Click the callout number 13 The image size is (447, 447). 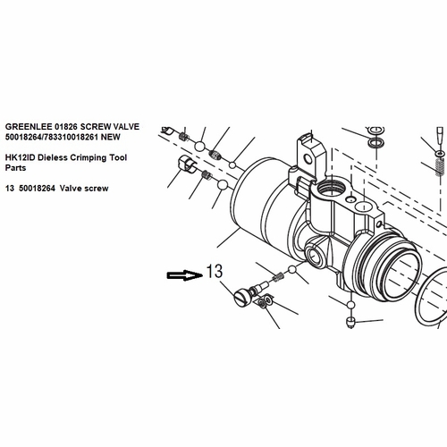point(215,271)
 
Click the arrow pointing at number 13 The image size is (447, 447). point(185,275)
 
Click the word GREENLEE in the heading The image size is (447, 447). point(29,127)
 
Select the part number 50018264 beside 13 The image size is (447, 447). point(37,189)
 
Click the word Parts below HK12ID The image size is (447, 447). point(15,168)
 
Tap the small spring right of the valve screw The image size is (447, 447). point(278,277)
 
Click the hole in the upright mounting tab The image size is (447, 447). point(308,158)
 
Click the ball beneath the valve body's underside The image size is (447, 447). point(351,305)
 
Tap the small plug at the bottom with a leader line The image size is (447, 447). point(351,323)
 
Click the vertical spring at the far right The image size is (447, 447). point(440,167)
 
